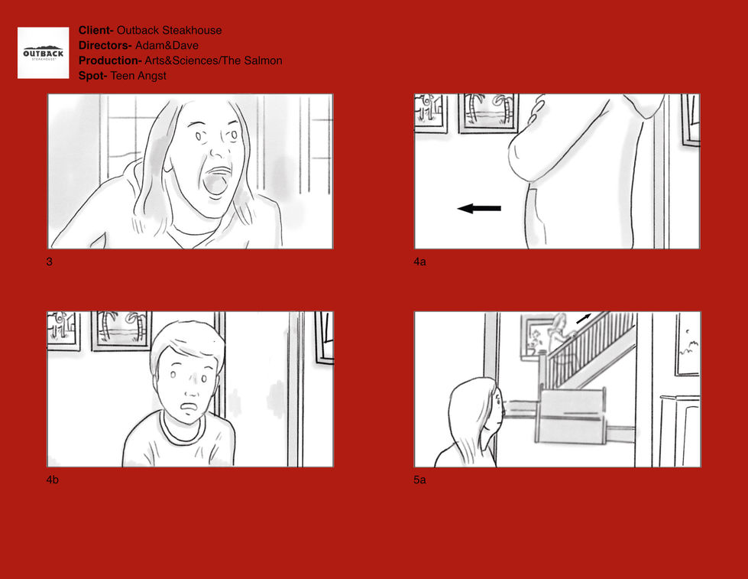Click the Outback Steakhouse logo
coord(44,53)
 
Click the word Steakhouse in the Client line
coord(192,30)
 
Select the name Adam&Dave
coord(167,45)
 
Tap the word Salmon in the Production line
coord(263,60)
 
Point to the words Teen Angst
coord(138,76)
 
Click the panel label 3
coord(49,262)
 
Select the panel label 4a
coord(419,262)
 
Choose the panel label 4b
coord(53,480)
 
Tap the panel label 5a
coord(419,480)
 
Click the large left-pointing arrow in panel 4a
coord(479,208)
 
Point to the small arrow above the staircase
coord(584,318)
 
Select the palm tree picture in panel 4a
coord(488,113)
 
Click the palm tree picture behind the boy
coord(121,330)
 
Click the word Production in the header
coord(110,60)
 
